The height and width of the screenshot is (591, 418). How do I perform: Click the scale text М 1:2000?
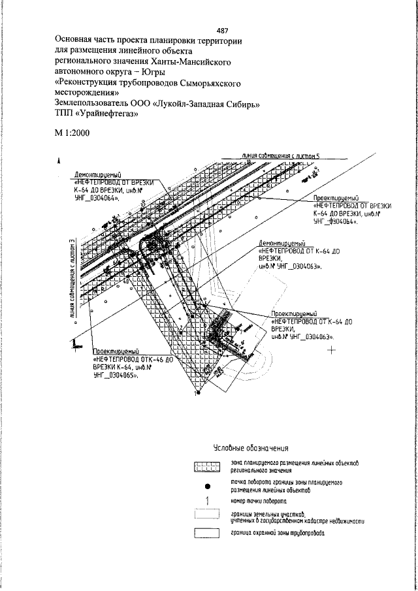[x=72, y=133]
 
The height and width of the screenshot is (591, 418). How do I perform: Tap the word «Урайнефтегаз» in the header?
[x=110, y=114]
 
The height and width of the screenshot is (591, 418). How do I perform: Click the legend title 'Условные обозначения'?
[x=251, y=449]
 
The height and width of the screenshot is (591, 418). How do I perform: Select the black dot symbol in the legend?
[x=207, y=485]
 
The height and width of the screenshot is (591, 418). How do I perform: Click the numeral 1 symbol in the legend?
[x=207, y=502]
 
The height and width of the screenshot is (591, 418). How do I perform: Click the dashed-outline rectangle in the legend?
[x=207, y=517]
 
